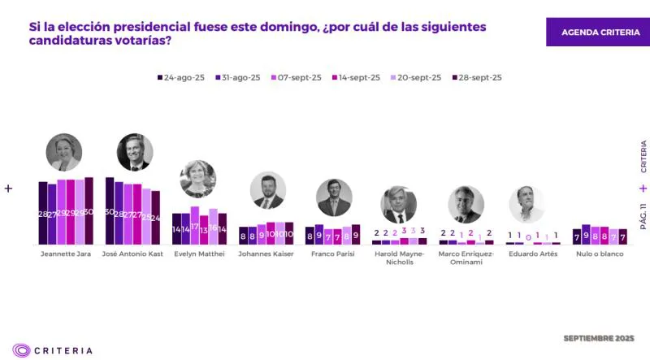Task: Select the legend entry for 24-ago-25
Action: tap(180, 77)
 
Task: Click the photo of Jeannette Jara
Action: tap(64, 152)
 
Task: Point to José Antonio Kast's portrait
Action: tap(133, 152)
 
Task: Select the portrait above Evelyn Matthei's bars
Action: tap(197, 179)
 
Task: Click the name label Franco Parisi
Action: tap(332, 254)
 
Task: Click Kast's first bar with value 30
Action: tap(110, 211)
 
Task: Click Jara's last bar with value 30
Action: tap(89, 211)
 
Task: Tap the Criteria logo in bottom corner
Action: tap(52, 350)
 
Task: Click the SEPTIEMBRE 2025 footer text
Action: tap(598, 337)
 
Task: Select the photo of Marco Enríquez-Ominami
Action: tap(466, 205)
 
